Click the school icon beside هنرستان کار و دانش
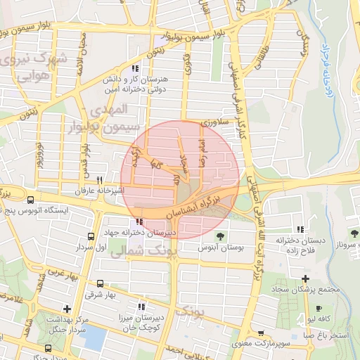(134, 69)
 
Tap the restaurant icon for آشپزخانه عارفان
(100, 181)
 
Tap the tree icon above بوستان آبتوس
(220, 236)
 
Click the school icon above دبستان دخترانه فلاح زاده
(301, 229)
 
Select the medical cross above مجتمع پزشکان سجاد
(305, 279)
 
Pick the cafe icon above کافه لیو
(319, 309)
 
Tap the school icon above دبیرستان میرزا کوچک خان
(141, 306)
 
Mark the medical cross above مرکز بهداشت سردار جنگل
(66, 309)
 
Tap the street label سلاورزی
(214, 123)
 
